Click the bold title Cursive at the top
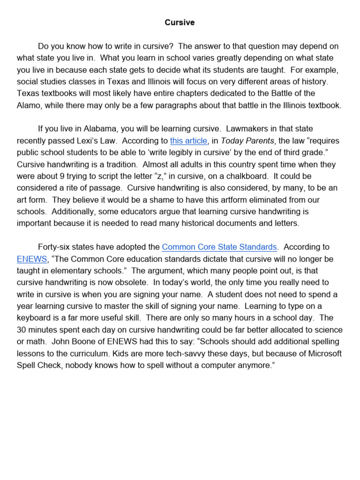pyautogui.click(x=180, y=22)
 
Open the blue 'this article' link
pyautogui.click(x=188, y=141)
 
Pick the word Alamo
pyautogui.click(x=29, y=105)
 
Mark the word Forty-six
pyautogui.click(x=54, y=247)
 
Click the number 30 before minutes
pyautogui.click(x=22, y=330)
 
